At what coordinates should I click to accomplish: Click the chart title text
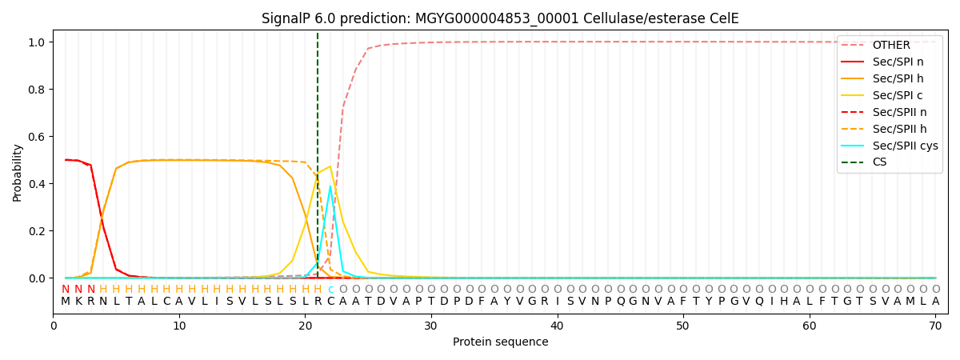(500, 18)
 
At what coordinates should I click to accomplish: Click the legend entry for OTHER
(888, 45)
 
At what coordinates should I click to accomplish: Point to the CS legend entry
(880, 162)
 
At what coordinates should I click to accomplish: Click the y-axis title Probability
(18, 172)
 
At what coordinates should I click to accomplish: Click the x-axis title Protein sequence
(500, 342)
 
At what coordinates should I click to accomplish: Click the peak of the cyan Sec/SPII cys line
(330, 186)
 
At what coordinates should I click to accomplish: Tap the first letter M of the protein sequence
(66, 302)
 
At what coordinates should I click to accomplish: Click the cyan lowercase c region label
(330, 290)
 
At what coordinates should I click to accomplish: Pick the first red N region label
(66, 290)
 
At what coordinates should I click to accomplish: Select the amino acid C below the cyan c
(330, 302)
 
